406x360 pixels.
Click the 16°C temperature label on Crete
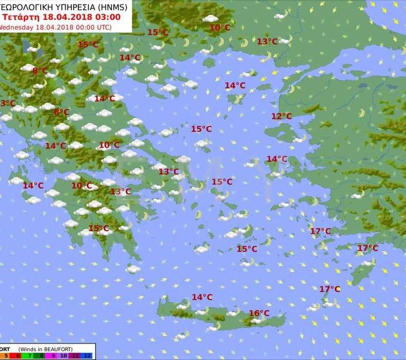click(259, 313)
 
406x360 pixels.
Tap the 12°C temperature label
click(281, 116)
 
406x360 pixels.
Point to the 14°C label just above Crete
click(202, 297)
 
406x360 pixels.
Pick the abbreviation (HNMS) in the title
click(111, 7)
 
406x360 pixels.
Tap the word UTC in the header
click(101, 27)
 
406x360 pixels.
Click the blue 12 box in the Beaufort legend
click(87, 356)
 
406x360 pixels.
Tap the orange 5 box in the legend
click(5, 356)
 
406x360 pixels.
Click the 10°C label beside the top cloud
click(219, 28)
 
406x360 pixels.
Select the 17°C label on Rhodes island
click(367, 248)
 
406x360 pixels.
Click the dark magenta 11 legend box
click(74, 356)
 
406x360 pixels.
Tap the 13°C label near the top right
click(267, 42)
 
